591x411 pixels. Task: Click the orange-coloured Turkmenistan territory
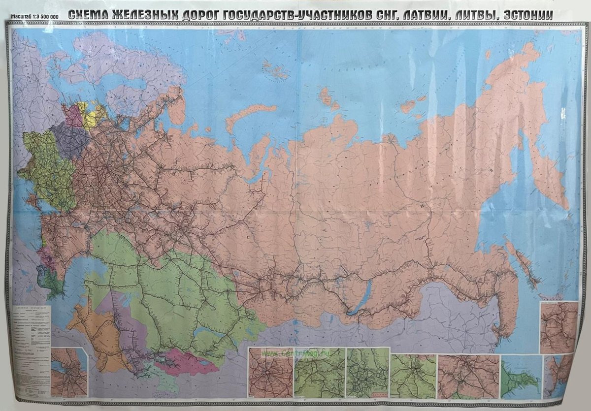[94, 335]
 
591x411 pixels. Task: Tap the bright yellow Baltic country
[93, 116]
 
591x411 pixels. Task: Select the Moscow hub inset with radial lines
[270, 372]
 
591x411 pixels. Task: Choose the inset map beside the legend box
[69, 372]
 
